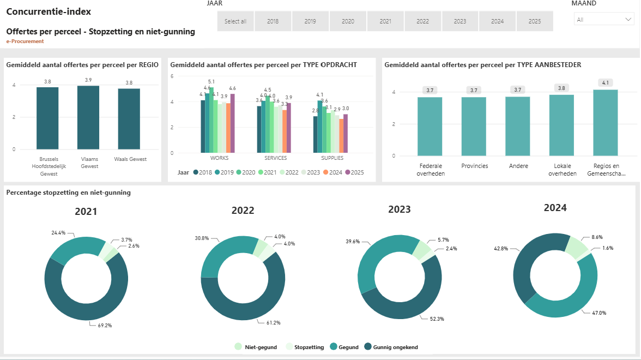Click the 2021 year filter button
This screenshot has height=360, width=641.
click(x=385, y=21)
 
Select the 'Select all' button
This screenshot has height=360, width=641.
click(x=235, y=21)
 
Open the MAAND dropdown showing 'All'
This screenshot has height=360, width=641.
click(x=603, y=19)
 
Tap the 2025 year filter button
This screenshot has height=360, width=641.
click(x=535, y=21)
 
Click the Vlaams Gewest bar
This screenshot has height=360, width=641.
click(x=88, y=117)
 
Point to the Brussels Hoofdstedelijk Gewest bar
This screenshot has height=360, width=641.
click(x=47, y=118)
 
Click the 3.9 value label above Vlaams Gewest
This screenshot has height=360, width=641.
click(x=88, y=80)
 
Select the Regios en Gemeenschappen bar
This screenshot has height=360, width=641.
click(x=606, y=123)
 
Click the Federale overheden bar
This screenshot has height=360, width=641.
click(x=430, y=127)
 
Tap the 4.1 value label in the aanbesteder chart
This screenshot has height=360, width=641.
click(x=606, y=83)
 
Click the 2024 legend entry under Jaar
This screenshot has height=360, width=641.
click(x=332, y=172)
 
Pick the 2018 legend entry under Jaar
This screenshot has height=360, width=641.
click(x=202, y=172)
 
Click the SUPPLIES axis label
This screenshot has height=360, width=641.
click(x=332, y=158)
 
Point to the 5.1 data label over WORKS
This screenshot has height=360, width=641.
click(x=211, y=82)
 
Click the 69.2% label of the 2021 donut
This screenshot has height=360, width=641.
click(x=105, y=326)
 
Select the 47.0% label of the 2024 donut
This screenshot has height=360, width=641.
click(x=600, y=313)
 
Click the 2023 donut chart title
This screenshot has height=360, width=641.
click(x=400, y=209)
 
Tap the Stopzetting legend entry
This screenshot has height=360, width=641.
click(x=305, y=347)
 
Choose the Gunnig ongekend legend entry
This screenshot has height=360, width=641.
click(x=391, y=347)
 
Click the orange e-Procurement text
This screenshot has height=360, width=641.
click(x=25, y=41)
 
